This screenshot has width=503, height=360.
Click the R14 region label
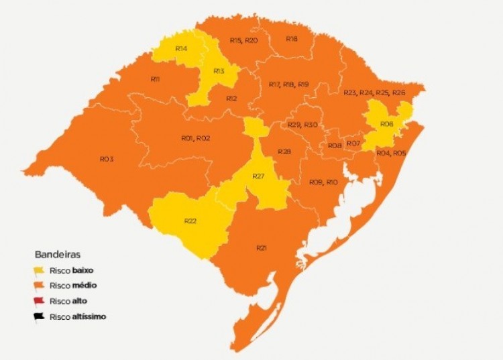pos(181,49)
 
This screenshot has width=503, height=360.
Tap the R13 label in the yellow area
pos(219,70)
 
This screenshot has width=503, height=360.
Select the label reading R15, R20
pos(243,41)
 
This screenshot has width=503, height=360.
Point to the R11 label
pos(155,79)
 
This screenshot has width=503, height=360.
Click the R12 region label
pos(231,99)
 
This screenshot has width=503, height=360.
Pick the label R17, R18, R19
pos(288,84)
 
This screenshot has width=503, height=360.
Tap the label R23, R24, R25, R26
pos(374,92)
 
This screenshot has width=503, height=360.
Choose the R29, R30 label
pos(302,125)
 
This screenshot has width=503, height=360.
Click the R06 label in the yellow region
pos(386,124)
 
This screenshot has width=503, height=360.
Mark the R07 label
pos(354,143)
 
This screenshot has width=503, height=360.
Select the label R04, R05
pos(391,154)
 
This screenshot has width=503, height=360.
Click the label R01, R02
pos(196,138)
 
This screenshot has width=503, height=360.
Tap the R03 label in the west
pos(107,159)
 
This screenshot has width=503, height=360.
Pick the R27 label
pos(260,176)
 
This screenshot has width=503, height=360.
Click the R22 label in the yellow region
pos(190,221)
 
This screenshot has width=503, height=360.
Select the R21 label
pos(262,248)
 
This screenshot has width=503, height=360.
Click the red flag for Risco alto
pos(40,301)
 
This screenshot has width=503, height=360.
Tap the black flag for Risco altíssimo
pos(40,316)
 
